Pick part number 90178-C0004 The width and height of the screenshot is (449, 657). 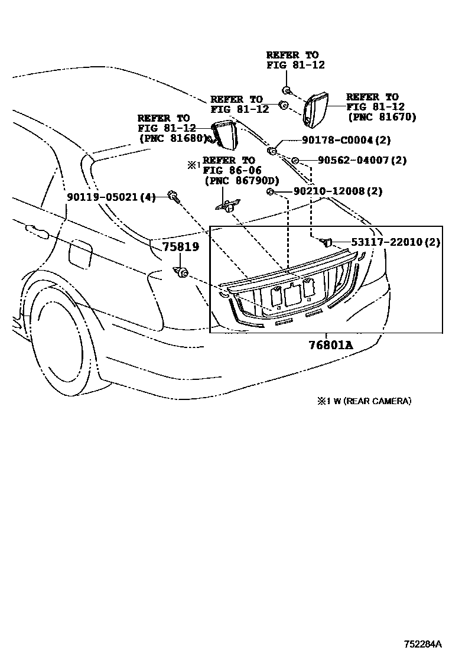tap(337, 140)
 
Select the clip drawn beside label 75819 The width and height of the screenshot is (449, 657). tap(181, 272)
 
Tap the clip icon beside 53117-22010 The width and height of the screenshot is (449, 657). tap(326, 242)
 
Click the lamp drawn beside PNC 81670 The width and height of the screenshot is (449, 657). tap(316, 109)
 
